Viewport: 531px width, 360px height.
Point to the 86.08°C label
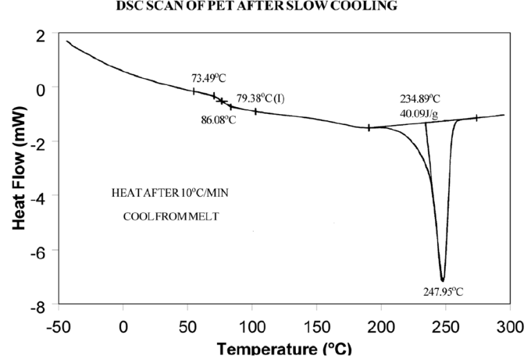pyautogui.click(x=218, y=120)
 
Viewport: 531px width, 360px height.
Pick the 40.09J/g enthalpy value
pyautogui.click(x=419, y=113)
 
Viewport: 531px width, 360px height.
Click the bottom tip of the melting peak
pyautogui.click(x=442, y=280)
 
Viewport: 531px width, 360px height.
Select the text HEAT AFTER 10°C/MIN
pyautogui.click(x=169, y=193)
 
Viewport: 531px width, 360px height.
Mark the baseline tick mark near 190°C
pyautogui.click(x=369, y=128)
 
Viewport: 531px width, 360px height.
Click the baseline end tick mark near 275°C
pyautogui.click(x=476, y=118)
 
